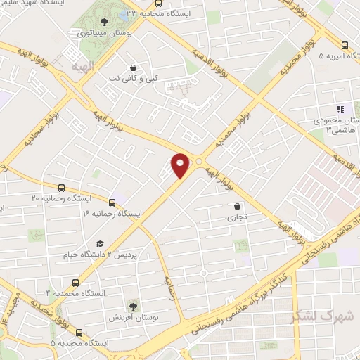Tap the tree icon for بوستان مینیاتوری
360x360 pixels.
click(x=105, y=23)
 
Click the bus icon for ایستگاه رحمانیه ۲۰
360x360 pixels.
click(x=62, y=188)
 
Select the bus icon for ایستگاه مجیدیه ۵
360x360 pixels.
click(x=78, y=333)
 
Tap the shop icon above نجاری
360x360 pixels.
click(x=238, y=207)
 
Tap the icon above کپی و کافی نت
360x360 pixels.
click(x=133, y=67)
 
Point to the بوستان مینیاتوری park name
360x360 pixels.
click(x=105, y=33)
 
